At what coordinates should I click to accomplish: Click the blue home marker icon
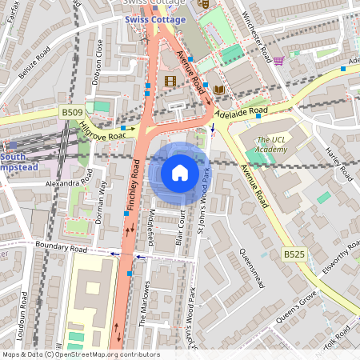click(179, 172)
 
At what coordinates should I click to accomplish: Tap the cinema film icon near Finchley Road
click(170, 81)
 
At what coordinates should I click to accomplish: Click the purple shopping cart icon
click(278, 61)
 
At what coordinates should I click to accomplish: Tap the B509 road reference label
click(70, 114)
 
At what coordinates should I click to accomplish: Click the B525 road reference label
click(294, 254)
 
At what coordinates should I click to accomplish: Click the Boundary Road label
click(61, 249)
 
